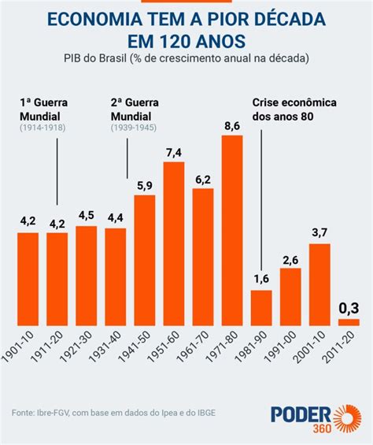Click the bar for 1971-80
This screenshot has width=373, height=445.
pos(232,231)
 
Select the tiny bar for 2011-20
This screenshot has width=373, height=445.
pos(349,322)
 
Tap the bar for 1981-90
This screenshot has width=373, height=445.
pos(261,308)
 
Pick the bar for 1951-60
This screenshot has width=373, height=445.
pos(174,243)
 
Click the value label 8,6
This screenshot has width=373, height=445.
pos(232,125)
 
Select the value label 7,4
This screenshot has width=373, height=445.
pos(174,152)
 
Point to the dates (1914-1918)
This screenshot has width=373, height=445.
pos(42,126)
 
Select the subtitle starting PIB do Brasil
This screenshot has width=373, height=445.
pos(186,59)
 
